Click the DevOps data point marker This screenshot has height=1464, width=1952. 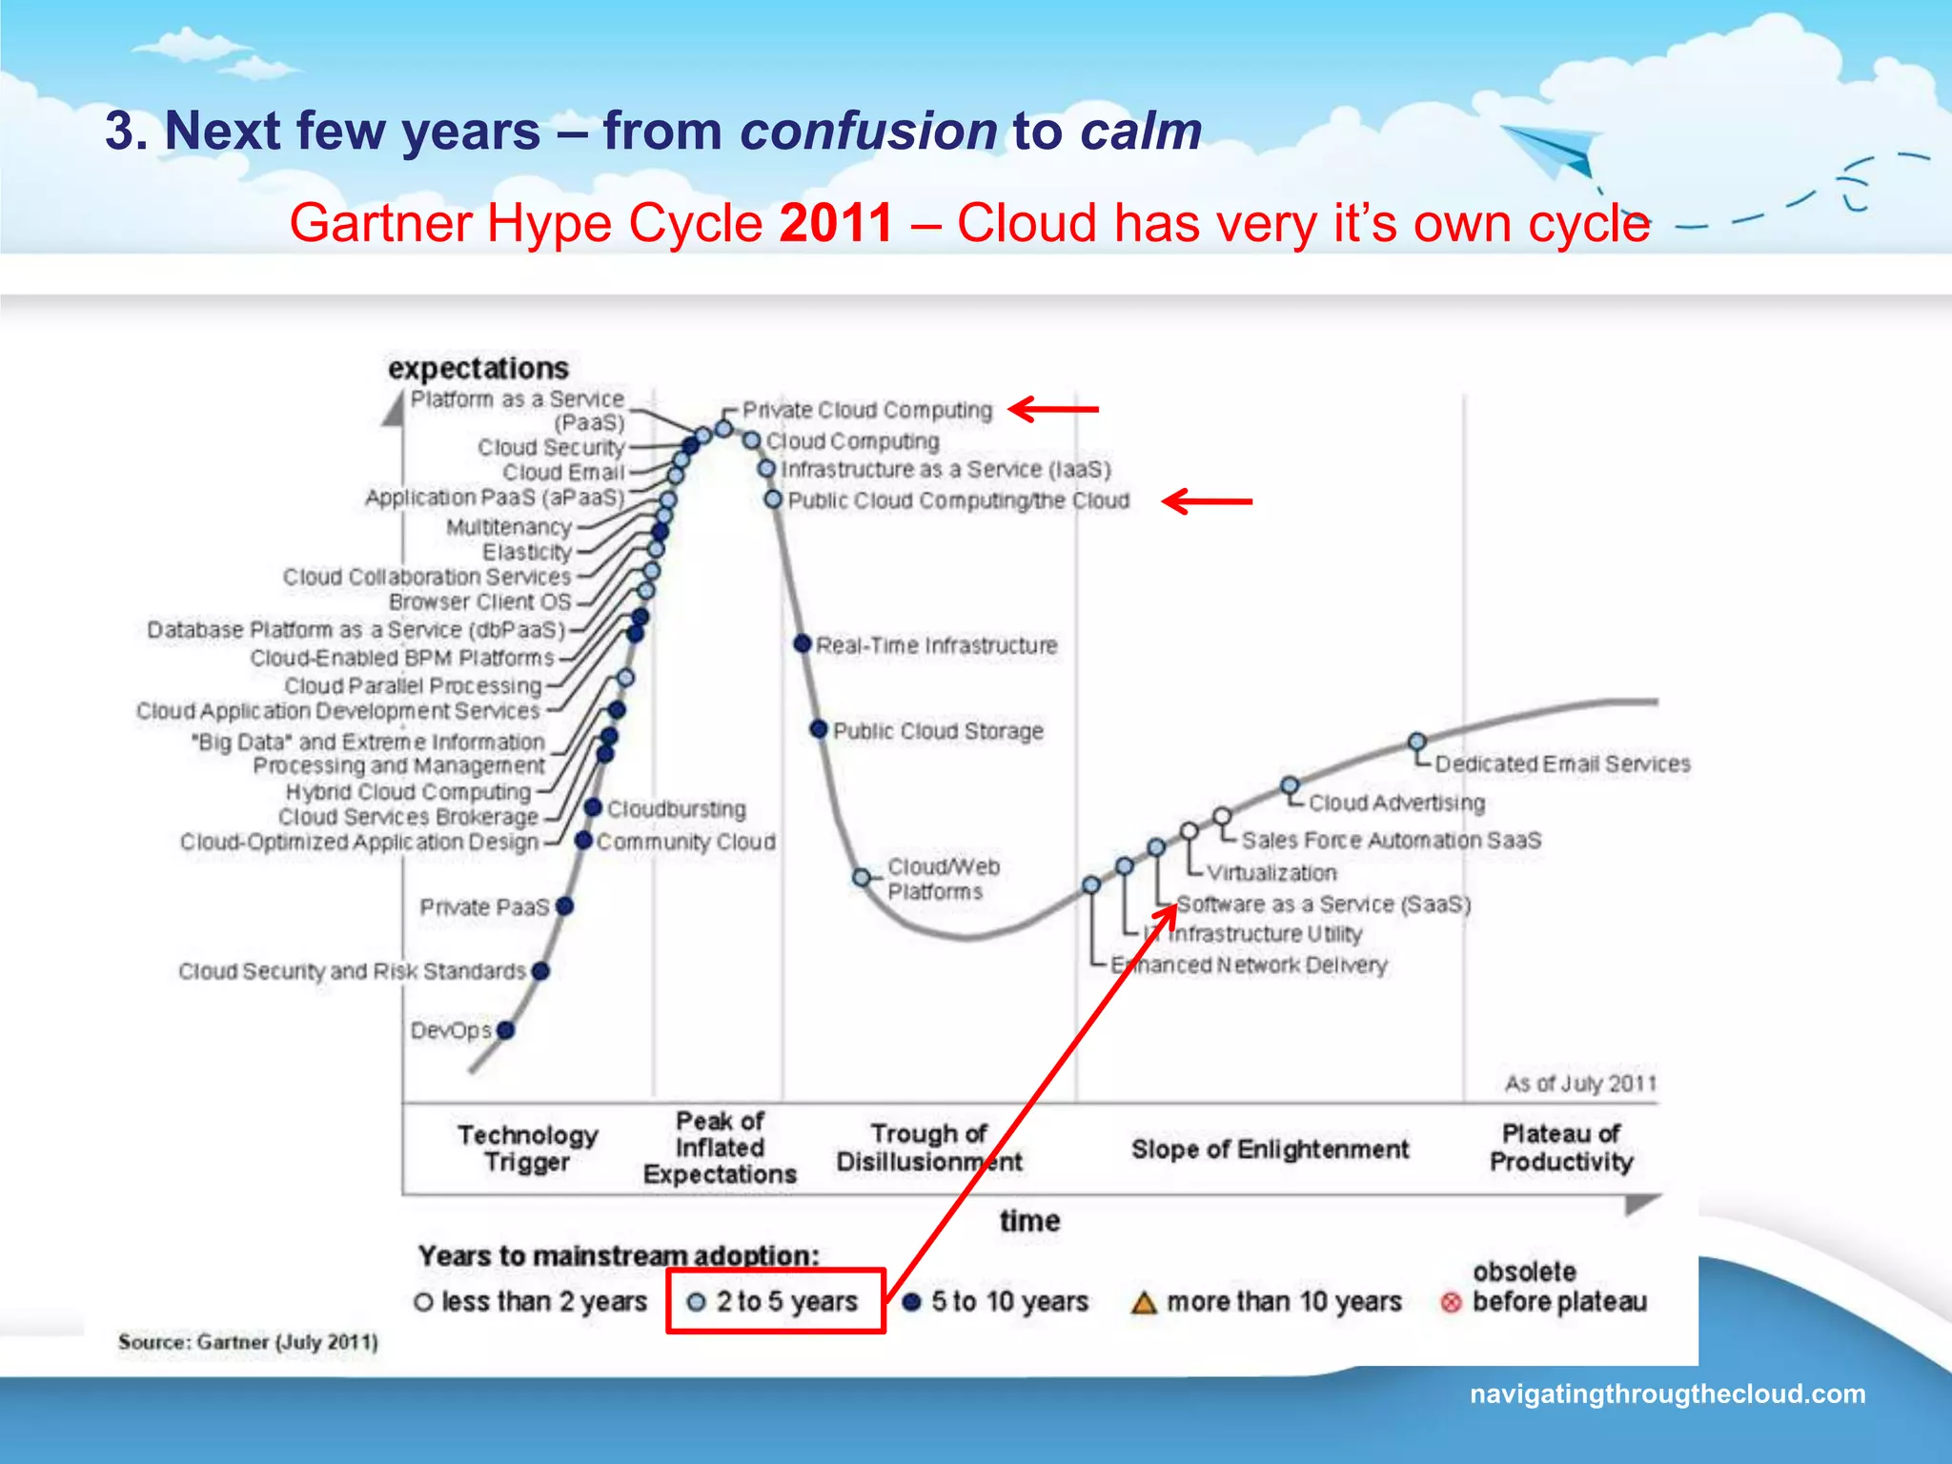click(x=505, y=1029)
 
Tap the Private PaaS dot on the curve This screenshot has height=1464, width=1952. click(x=564, y=905)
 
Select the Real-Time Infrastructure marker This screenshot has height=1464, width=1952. click(x=803, y=644)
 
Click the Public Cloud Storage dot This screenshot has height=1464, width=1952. click(x=818, y=729)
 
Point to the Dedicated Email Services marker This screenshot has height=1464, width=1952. click(x=1417, y=742)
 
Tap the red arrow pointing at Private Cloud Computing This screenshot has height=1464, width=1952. click(x=1053, y=409)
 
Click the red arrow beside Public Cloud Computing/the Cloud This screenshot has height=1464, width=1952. click(x=1207, y=500)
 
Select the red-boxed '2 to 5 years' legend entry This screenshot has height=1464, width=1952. click(x=775, y=1301)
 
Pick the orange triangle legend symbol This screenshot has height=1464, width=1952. click(x=1143, y=1302)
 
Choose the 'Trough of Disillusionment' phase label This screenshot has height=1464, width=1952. click(x=928, y=1148)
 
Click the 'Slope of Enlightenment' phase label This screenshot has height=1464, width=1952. click(x=1270, y=1149)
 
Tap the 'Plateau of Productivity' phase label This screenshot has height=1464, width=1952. click(x=1560, y=1148)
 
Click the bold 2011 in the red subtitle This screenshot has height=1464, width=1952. click(x=836, y=223)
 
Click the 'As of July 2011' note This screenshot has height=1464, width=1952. click(x=1579, y=1084)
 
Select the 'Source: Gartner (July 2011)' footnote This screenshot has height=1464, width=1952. click(x=248, y=1342)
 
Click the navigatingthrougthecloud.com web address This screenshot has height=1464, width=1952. click(x=1667, y=1393)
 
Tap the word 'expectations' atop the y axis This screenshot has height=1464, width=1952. click(x=478, y=368)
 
